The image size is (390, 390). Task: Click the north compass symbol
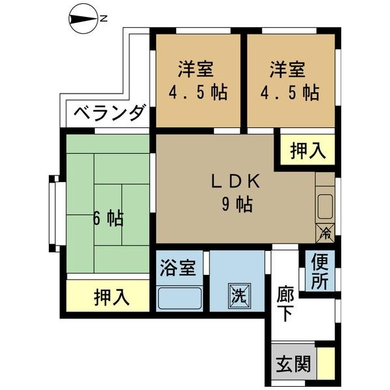point(83,19)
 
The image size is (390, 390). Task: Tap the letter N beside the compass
point(103,19)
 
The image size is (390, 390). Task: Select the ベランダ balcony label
point(109,114)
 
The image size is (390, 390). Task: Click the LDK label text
point(235,181)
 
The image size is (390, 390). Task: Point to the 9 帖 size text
point(237,204)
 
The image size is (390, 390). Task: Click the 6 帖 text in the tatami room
point(108,218)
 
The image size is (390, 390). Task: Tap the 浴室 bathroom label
point(177,268)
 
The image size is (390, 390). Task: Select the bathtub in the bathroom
point(179,298)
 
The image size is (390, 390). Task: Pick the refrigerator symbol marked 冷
point(325,233)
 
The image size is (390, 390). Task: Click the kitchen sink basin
point(326,207)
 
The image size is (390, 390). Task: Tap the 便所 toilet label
point(320,271)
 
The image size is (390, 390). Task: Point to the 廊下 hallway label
point(285,304)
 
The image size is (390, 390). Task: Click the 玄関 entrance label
point(294,363)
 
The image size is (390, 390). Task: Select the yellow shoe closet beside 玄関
point(326,363)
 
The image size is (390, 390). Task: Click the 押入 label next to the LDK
point(308,151)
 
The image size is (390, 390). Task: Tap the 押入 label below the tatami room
point(112,297)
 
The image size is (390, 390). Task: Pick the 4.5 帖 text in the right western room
point(290,92)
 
